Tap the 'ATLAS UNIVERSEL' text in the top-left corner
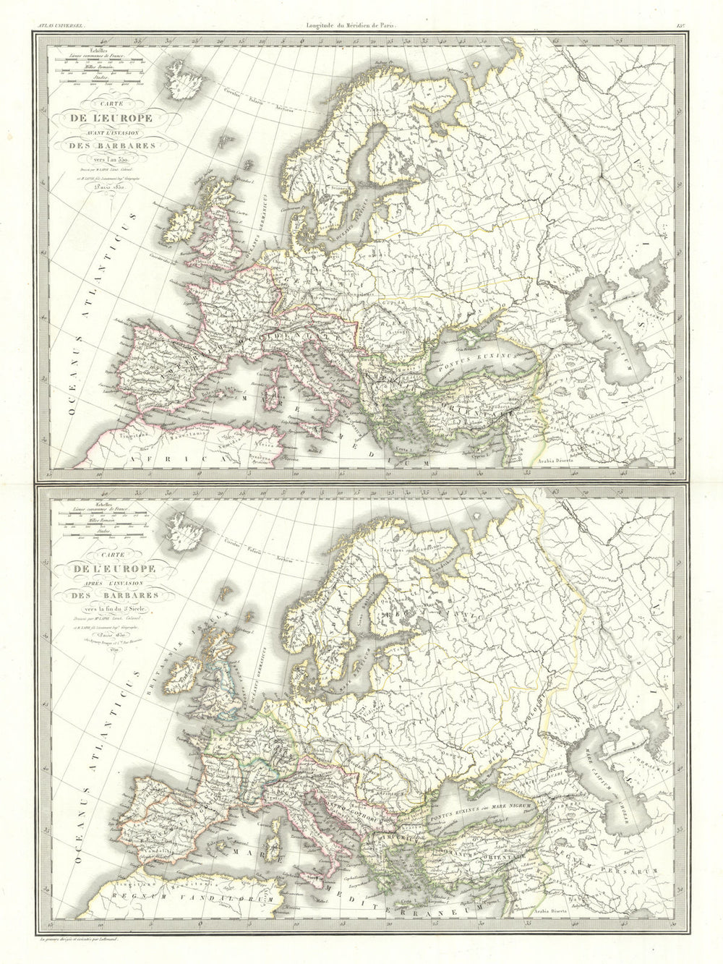[x=56, y=7]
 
